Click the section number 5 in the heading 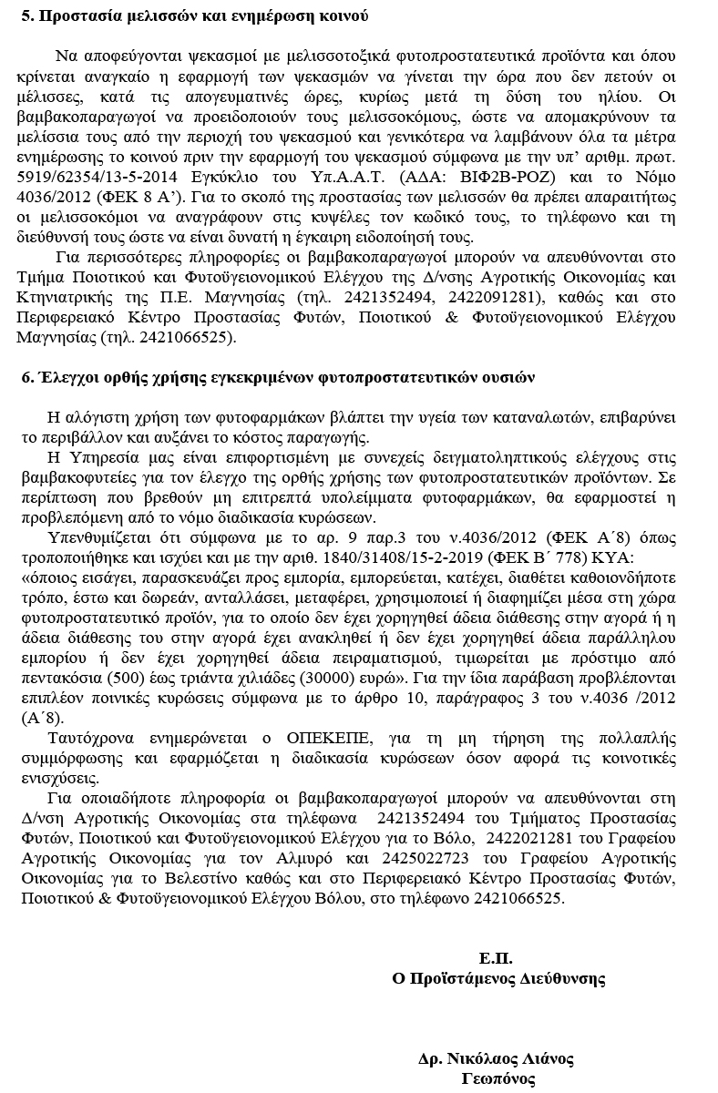[x=26, y=16]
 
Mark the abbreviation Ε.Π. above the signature [x=496, y=958]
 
